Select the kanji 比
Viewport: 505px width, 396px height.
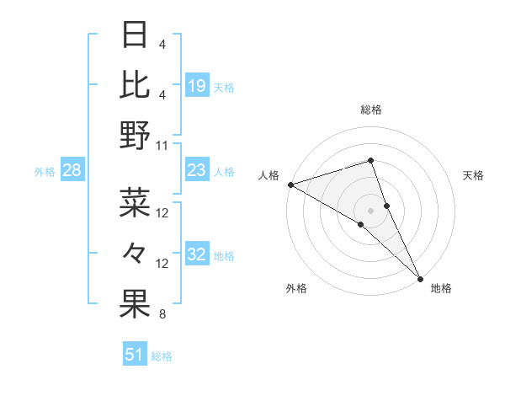(x=135, y=84)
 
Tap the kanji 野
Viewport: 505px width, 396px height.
(x=135, y=135)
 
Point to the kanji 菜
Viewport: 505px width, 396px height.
(x=135, y=203)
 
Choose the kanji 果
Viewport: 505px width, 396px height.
(x=135, y=304)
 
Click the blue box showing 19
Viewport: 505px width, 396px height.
(x=197, y=86)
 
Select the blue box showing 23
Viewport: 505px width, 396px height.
(x=197, y=171)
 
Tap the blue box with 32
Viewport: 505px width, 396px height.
(x=197, y=255)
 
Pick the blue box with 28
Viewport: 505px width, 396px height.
(x=72, y=171)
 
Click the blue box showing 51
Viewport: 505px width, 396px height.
(x=135, y=355)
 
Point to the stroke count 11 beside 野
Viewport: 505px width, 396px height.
(x=163, y=145)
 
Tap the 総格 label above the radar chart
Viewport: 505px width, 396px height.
(x=371, y=110)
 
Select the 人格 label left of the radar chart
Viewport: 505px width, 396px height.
(x=268, y=175)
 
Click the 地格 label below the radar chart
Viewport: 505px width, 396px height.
(x=441, y=288)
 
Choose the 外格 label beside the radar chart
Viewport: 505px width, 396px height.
(x=296, y=288)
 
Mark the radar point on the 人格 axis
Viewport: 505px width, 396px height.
(x=290, y=185)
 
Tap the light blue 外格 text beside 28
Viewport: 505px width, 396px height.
(x=45, y=172)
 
